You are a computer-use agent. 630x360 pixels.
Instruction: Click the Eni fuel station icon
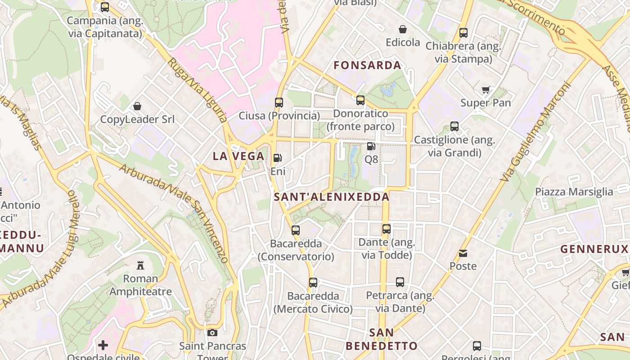[x=278, y=158]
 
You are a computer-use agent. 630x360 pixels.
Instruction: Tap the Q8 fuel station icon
[x=371, y=146]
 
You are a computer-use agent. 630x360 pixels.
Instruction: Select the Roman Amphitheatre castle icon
[x=140, y=265]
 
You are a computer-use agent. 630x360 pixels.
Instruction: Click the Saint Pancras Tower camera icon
[x=212, y=333]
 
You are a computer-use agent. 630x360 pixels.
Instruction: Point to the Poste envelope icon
[x=463, y=253]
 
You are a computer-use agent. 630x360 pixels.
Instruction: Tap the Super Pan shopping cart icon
[x=486, y=90]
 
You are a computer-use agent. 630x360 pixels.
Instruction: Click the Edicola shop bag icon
[x=403, y=29]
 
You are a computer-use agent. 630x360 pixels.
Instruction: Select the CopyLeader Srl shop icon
[x=137, y=106]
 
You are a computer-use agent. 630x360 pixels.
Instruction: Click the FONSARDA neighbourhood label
[x=368, y=65]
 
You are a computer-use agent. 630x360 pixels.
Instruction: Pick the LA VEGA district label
[x=238, y=156]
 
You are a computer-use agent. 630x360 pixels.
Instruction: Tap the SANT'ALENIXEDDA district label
[x=332, y=197]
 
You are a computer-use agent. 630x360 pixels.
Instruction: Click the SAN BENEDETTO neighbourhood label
[x=381, y=339]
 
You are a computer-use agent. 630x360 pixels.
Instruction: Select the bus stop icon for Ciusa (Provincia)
[x=279, y=102]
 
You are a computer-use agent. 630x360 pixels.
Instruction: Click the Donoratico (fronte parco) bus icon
[x=360, y=100]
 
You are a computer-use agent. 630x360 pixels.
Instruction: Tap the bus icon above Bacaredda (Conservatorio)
[x=296, y=230]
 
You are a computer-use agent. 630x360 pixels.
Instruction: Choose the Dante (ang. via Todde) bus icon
[x=386, y=229]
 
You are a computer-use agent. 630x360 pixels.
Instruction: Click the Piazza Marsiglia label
[x=574, y=192]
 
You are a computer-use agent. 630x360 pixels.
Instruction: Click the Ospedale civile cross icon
[x=103, y=345]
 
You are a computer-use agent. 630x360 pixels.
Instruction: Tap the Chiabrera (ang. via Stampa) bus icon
[x=463, y=32]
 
